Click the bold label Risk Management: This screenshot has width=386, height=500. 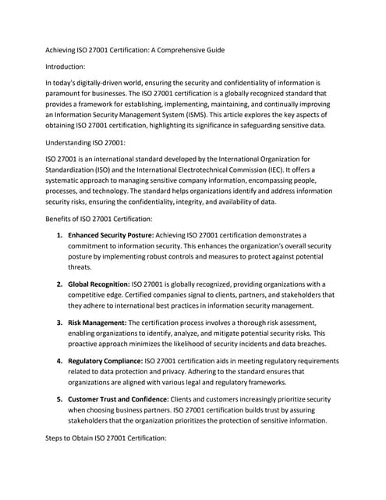(x=97, y=322)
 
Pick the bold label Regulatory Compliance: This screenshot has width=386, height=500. (x=105, y=361)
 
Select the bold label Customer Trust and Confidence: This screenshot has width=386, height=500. (x=123, y=399)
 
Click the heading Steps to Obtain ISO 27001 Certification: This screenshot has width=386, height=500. (x=107, y=438)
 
